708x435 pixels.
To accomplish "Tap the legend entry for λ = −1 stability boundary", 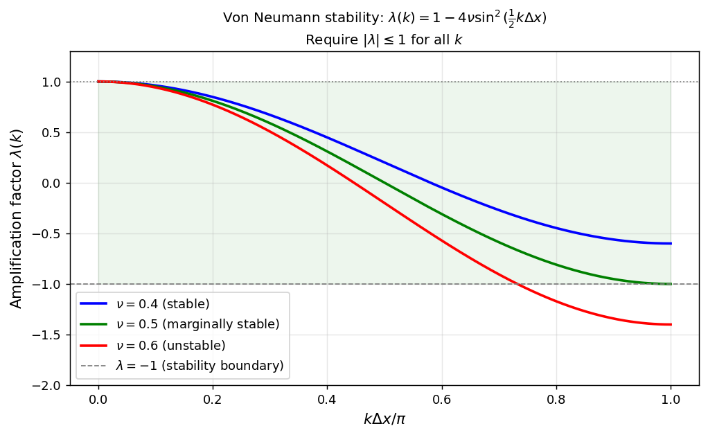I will point(199,365).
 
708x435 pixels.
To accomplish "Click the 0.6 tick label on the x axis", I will point(441,400).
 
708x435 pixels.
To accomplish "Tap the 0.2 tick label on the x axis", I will point(213,400).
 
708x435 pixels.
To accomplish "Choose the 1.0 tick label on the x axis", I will point(671,400).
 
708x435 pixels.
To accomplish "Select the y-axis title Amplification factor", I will point(17,218).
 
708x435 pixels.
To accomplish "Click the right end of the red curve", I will point(671,324).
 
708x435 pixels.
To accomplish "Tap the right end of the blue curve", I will point(671,243).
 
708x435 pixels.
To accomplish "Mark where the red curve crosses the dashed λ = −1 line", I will point(515,284).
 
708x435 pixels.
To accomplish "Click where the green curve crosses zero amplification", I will point(384,183).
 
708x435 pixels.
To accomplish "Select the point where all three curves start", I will point(98,82).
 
